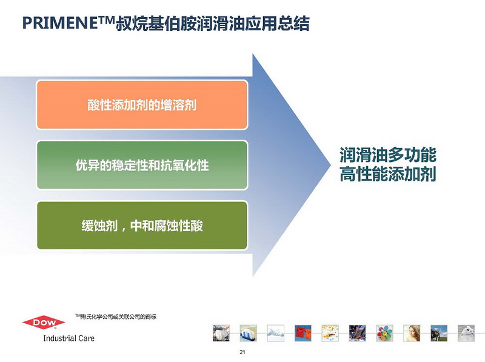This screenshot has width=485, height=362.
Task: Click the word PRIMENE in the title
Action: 60,23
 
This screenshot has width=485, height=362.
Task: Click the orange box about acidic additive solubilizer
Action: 142,104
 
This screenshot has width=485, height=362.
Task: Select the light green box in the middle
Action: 142,165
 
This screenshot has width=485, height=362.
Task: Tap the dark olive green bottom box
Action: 142,225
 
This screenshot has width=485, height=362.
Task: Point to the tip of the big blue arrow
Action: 330,165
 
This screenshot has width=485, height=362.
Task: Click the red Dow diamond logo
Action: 44,323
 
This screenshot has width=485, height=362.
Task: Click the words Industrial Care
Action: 69,338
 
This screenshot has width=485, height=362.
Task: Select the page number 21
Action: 242,352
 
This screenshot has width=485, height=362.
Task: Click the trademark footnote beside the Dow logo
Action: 116,317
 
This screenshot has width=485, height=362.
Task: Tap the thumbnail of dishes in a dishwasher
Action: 221,333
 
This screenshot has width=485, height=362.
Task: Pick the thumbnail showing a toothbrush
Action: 249,333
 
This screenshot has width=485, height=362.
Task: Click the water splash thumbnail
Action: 276,333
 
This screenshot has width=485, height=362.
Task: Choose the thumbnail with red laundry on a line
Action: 303,333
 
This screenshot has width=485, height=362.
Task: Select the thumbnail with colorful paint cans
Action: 384,333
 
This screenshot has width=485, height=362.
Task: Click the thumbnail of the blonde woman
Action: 412,333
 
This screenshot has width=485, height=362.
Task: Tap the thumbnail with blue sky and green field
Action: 439,333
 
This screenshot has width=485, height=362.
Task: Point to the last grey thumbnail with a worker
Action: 466,333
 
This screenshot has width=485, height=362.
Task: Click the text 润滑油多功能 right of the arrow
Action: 388,155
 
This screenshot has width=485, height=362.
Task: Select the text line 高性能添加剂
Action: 388,174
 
